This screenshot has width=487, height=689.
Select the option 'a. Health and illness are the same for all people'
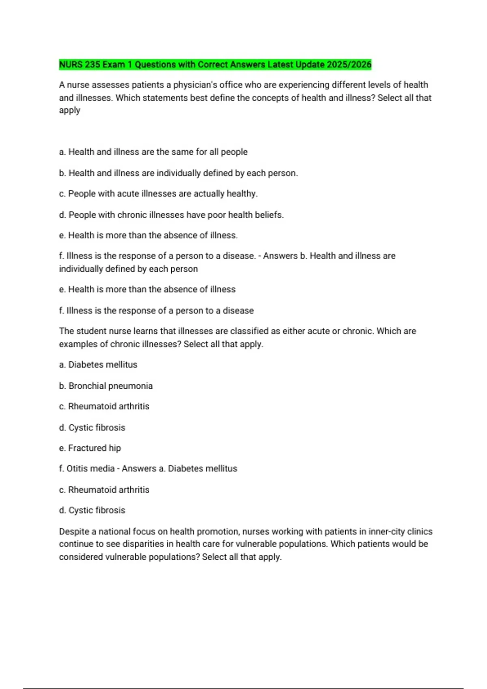click(153, 152)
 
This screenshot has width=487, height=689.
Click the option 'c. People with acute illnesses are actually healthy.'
click(158, 194)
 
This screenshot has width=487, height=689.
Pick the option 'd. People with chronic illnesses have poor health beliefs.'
click(171, 215)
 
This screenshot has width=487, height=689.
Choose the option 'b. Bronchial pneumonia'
click(106, 386)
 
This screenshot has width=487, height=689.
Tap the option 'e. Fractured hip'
click(90, 448)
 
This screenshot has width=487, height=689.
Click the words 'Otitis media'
click(91, 469)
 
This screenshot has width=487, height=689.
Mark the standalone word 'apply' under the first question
click(69, 111)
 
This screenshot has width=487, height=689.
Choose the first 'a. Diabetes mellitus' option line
click(98, 365)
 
